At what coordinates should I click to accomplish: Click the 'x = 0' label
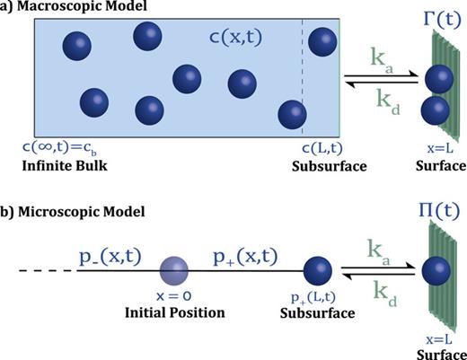(x=172, y=299)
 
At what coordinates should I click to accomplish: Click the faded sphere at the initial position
(x=172, y=270)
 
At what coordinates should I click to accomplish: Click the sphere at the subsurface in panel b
(x=317, y=270)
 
